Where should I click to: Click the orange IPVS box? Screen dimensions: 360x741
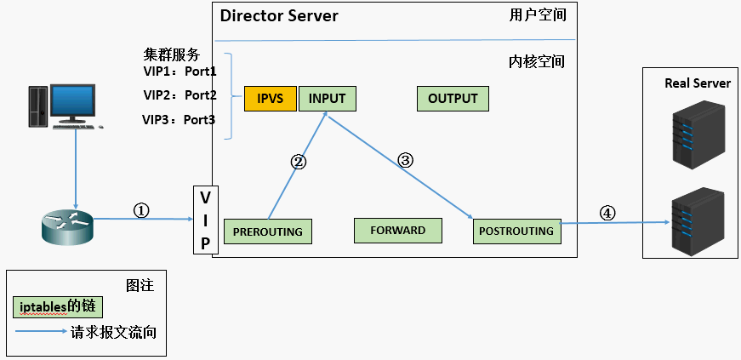coord(270,99)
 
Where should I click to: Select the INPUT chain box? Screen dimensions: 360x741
coord(327,99)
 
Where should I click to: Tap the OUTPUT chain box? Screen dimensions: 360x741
coord(453,99)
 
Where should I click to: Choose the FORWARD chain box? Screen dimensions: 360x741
coord(397,231)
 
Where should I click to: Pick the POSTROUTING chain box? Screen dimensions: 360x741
coord(516,231)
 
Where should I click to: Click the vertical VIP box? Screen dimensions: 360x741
coord(204,220)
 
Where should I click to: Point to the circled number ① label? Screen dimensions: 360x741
coord(142,209)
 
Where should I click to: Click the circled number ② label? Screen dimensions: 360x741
coord(299,162)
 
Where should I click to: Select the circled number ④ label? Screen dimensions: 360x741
coord(607,213)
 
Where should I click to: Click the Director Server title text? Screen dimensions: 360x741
coord(279,16)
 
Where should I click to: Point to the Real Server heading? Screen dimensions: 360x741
coord(697,83)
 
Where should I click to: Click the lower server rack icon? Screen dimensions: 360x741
coord(697,220)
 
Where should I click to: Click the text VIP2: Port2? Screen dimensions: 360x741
coord(180,94)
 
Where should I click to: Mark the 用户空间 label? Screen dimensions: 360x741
coord(538,15)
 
